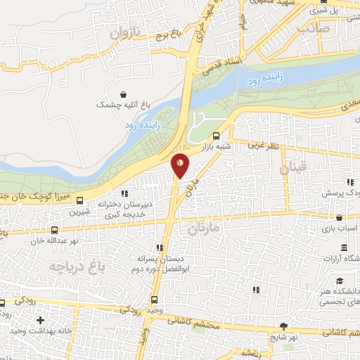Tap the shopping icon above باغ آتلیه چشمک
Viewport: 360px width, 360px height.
click(124, 94)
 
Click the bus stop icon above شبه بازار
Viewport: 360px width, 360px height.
click(216, 136)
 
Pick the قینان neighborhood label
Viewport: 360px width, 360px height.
click(292, 169)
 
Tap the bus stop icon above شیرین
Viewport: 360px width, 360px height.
click(79, 199)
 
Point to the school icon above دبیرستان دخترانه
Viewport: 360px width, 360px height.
click(124, 192)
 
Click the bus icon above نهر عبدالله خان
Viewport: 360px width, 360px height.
click(54, 230)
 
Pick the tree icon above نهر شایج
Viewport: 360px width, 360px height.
click(283, 326)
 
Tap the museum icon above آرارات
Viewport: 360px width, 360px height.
click(344, 248)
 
